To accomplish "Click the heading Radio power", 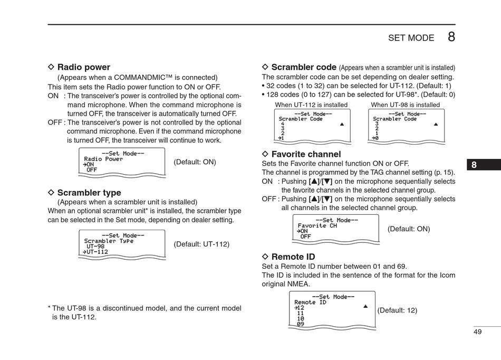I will [x=83, y=67].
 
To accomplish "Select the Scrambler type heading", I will [x=89, y=193].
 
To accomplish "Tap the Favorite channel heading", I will [x=306, y=154].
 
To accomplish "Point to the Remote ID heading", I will [x=293, y=257].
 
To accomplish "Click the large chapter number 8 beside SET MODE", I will [x=451, y=37].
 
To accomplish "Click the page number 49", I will [x=478, y=331].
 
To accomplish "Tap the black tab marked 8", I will [x=474, y=165].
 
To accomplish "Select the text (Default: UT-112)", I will [x=201, y=244].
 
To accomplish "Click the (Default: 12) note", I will [x=397, y=310].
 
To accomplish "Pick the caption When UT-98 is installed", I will [x=405, y=105].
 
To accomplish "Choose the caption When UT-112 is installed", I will [x=311, y=105].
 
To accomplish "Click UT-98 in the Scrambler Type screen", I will [x=95, y=247].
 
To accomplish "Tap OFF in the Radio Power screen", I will [x=92, y=170].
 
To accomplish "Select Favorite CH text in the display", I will [x=317, y=226].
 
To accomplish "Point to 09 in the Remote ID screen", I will [x=300, y=324].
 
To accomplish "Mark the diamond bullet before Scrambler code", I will [x=265, y=67].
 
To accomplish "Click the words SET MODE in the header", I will [x=411, y=38].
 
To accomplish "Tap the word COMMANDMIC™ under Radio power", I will [x=143, y=77].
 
